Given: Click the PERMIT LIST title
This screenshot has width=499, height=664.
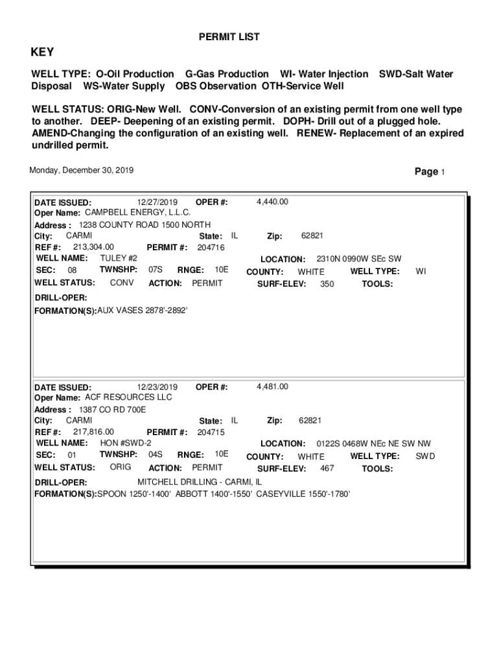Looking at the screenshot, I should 229,37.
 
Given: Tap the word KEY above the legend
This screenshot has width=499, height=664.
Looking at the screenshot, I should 43,53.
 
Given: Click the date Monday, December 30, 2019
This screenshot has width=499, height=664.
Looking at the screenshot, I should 82,170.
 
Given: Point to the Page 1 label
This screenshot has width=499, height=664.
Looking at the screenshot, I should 429,172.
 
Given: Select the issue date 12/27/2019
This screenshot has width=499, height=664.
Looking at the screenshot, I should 157,202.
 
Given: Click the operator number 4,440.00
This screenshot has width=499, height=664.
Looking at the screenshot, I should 272,202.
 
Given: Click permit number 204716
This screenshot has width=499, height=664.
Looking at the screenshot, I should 211,247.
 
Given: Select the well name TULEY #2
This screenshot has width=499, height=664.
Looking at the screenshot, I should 119,258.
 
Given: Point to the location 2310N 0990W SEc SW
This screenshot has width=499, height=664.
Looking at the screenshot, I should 359,259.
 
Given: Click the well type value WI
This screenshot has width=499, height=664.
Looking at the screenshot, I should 421,272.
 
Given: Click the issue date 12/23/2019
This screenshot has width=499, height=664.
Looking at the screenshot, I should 157,386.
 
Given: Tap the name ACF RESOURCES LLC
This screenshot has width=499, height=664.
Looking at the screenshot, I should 129,397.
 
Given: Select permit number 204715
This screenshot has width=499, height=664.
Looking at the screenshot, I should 211,432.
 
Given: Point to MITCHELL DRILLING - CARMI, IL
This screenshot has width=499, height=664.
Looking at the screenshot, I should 200,482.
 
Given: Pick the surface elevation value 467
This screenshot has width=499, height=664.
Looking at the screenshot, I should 327,468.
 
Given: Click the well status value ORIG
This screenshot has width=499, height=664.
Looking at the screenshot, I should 120,467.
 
